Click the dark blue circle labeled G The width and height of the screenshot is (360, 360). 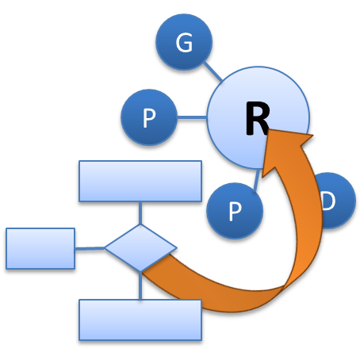coord(183,43)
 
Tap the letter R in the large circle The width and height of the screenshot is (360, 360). coord(256,121)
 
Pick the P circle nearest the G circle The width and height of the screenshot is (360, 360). coord(148,119)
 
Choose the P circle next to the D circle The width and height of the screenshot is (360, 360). coord(234,210)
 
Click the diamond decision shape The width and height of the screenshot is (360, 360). coord(140,248)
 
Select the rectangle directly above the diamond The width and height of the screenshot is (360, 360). coord(140,181)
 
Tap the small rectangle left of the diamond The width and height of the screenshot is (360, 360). coord(40,248)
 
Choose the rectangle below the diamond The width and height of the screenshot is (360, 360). coord(140,319)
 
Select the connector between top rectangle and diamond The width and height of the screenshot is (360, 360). coord(140,213)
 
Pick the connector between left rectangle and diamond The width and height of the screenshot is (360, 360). coord(90,248)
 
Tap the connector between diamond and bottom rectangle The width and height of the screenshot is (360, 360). coord(140,286)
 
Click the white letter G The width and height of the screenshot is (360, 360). coord(183,43)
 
